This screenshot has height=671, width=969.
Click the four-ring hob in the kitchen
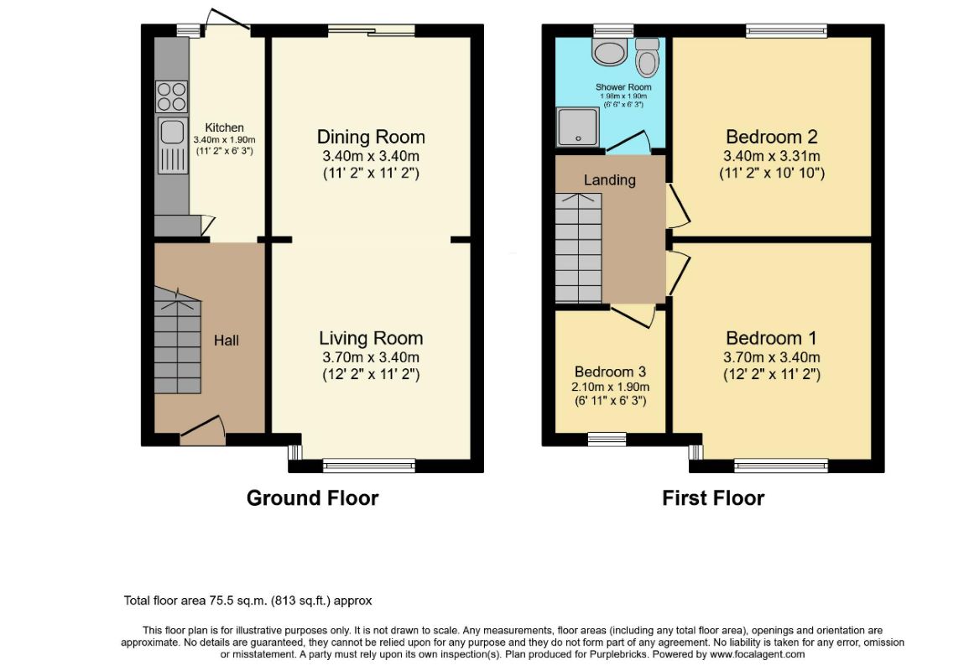[x=171, y=97]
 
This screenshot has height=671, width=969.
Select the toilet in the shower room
[x=647, y=57]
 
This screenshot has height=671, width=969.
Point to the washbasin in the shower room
[x=609, y=51]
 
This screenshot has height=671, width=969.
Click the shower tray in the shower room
[x=578, y=127]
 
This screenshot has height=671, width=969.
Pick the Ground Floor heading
[x=312, y=498]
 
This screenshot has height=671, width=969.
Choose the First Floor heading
[x=713, y=498]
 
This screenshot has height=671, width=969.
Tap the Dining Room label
[x=371, y=137]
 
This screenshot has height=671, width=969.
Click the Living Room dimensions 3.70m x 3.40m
[x=371, y=357]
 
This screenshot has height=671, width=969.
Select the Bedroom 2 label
[x=772, y=137]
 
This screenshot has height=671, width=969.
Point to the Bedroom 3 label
[x=610, y=372]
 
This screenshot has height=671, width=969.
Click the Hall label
[x=227, y=341]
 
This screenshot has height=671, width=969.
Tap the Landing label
[x=609, y=179]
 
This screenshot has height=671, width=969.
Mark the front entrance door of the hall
[x=202, y=431]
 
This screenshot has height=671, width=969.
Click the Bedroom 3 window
[x=607, y=440]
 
